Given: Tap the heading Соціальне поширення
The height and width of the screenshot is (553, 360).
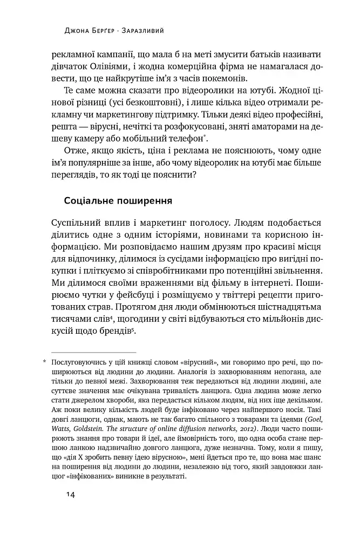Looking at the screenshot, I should click(118, 201).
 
